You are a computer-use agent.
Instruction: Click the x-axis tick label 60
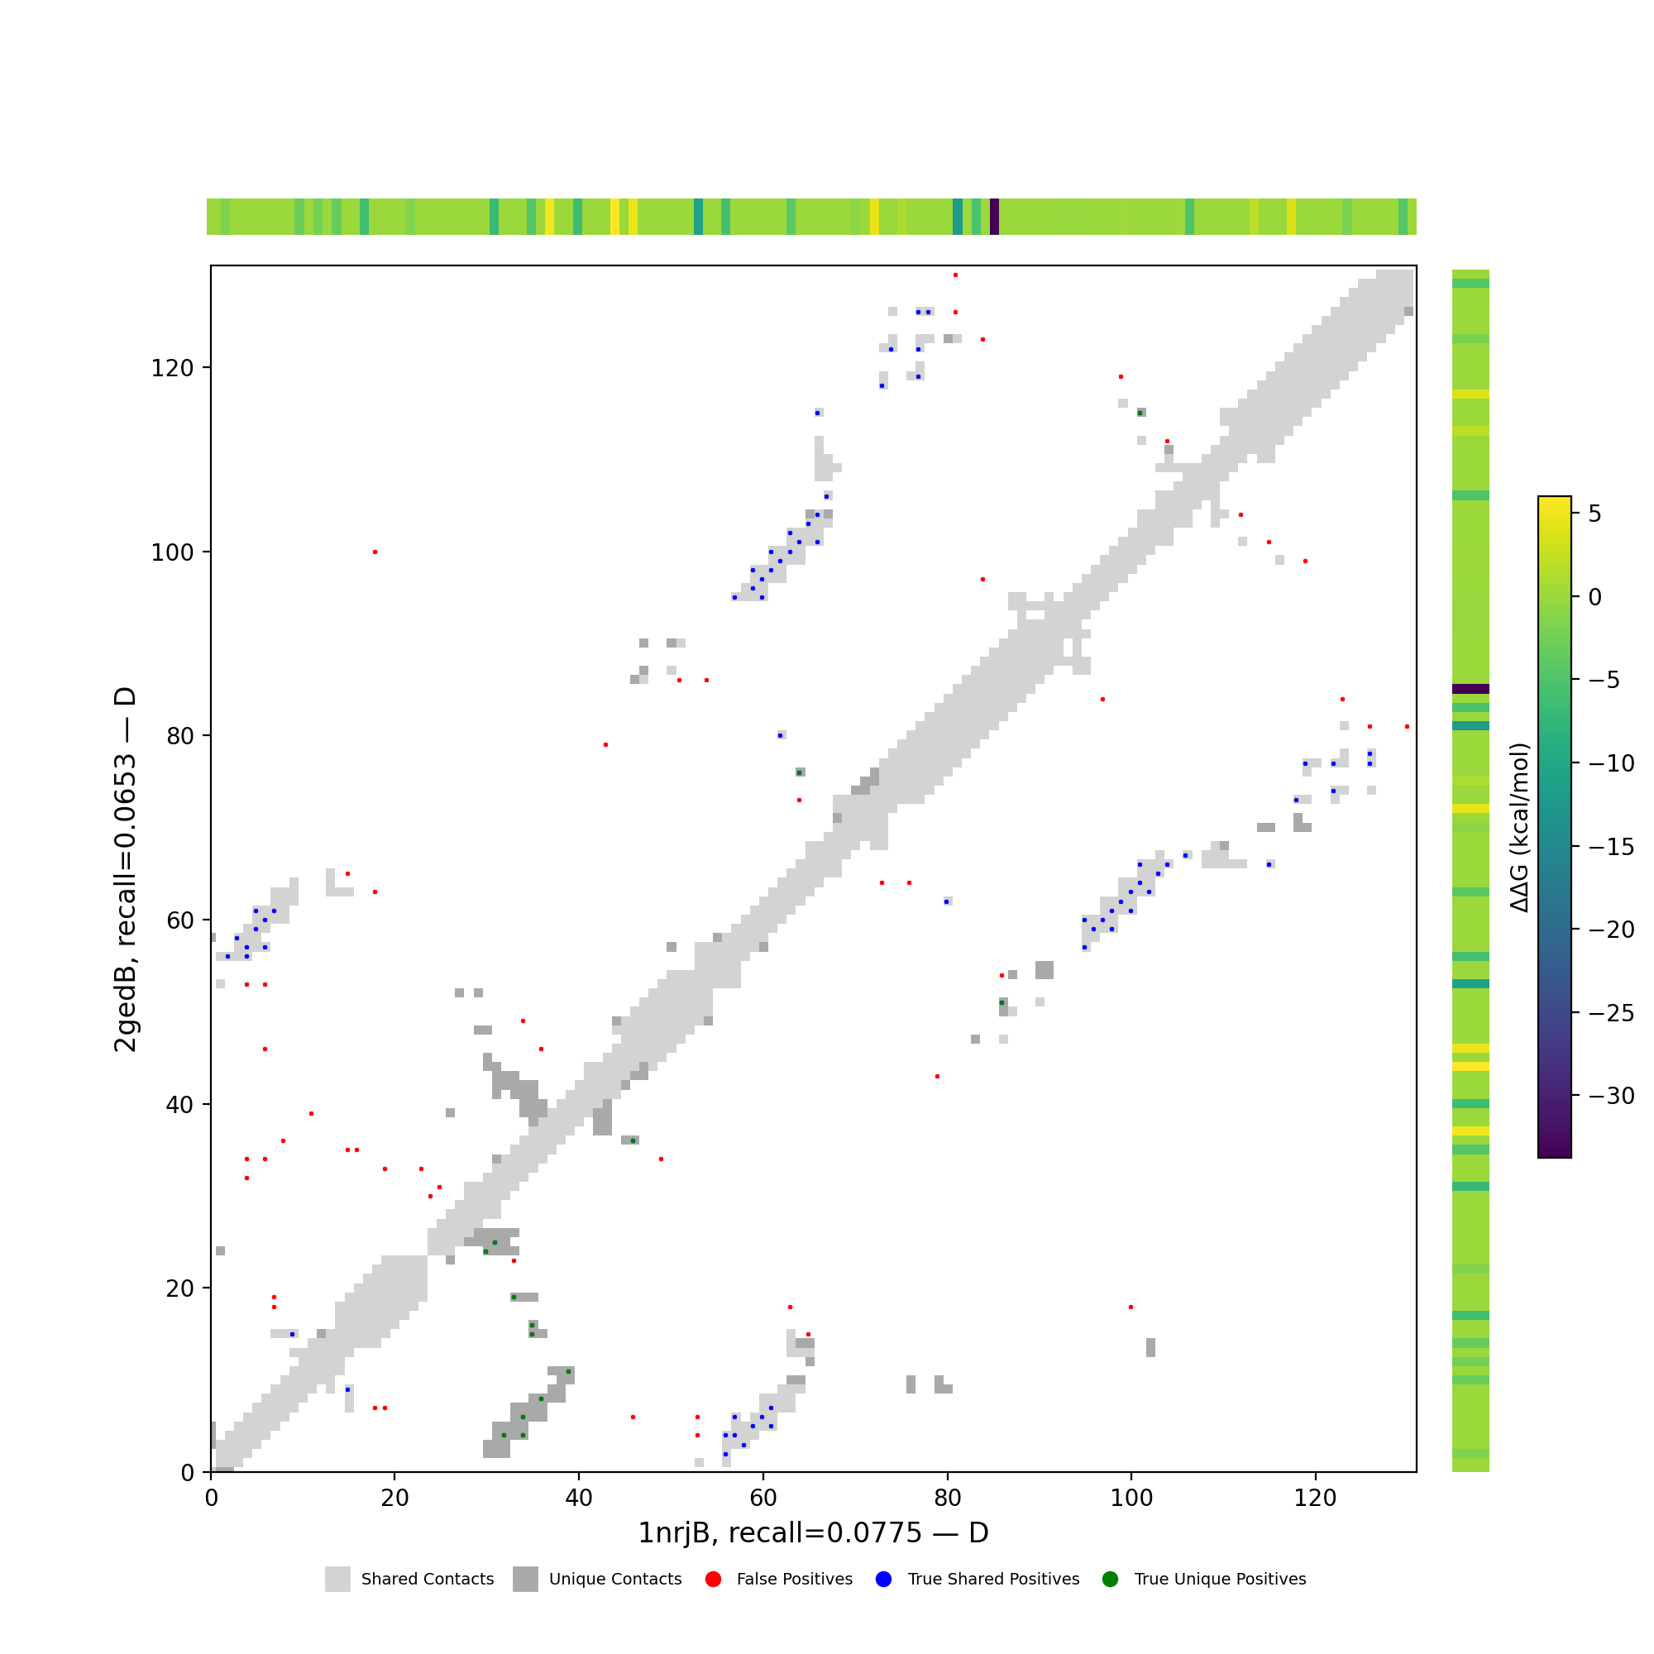tap(762, 1499)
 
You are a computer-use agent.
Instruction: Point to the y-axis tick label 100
tap(172, 552)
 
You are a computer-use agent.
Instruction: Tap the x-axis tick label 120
tap(1315, 1499)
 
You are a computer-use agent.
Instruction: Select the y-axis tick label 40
tap(179, 1104)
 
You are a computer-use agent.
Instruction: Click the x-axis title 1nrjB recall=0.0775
tap(812, 1533)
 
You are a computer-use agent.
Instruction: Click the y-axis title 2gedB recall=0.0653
tap(126, 870)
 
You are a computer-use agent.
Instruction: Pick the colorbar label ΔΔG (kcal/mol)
tap(1518, 827)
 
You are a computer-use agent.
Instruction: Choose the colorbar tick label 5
tap(1594, 514)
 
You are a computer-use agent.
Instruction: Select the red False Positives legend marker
tap(713, 1580)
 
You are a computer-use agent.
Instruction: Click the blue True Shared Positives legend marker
tap(883, 1580)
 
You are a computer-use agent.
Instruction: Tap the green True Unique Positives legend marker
tap(1111, 1580)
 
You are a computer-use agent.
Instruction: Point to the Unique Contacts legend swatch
tap(525, 1580)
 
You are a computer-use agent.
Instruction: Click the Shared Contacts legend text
tap(428, 1580)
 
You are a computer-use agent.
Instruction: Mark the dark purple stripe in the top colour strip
tap(994, 217)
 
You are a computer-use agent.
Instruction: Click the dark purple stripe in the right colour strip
tap(1470, 688)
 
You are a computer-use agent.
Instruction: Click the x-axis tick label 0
tap(211, 1499)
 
